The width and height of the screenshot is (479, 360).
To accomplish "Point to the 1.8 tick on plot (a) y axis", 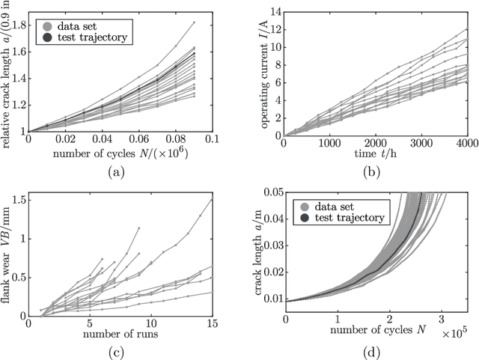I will click(x=18, y=25).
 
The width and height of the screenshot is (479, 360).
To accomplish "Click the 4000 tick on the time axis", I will click(x=466, y=142).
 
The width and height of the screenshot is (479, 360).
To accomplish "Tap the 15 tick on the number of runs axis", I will click(x=213, y=322).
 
